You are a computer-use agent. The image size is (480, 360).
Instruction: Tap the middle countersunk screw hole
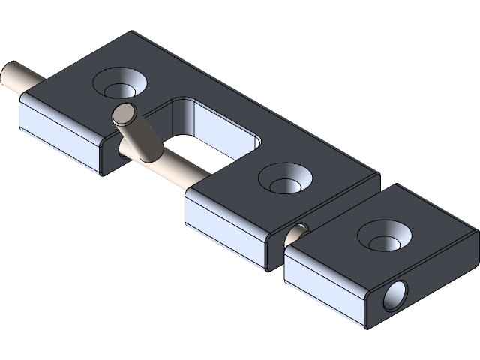[285, 181]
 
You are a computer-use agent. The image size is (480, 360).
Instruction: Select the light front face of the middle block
[225, 225]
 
